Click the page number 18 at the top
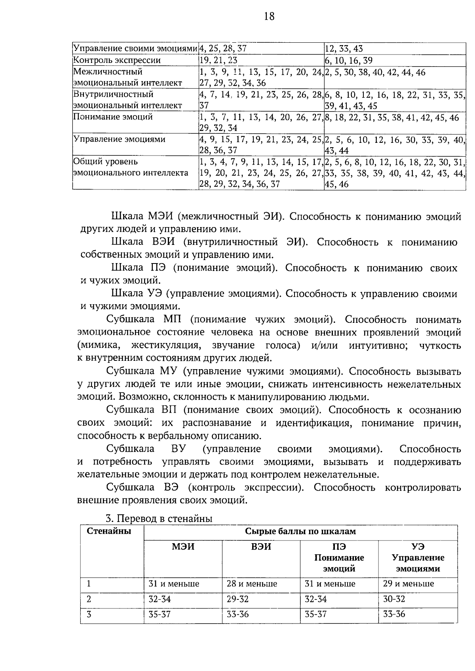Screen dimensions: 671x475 [268, 16]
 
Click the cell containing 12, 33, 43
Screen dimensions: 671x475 [344, 49]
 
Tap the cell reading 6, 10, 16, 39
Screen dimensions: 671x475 [348, 61]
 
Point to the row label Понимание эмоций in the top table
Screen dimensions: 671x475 [113, 117]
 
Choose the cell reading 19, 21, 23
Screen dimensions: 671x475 [218, 61]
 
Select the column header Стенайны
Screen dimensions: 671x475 [109, 531]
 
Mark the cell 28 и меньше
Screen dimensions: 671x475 [252, 584]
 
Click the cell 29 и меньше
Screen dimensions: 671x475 [408, 584]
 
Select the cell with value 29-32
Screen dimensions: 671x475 [237, 599]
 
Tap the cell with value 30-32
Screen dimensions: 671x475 [394, 599]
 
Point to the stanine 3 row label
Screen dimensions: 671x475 [89, 614]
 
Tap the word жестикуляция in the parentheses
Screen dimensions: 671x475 [165, 345]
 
